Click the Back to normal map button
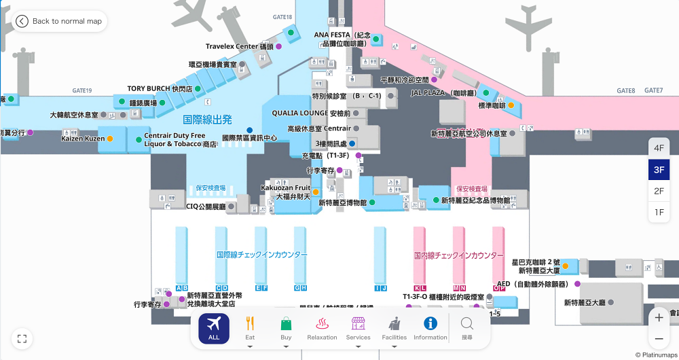60,21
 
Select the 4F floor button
659,148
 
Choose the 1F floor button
659,213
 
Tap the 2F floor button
659,191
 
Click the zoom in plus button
659,317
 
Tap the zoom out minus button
659,338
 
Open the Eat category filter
250,328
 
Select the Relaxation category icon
322,328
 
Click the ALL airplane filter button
214,328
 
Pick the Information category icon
430,328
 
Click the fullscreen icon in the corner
22,338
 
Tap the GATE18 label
283,17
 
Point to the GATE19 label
81,90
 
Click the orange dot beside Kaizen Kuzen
110,139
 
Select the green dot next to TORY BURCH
198,89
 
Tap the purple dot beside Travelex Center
278,46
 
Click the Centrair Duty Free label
175,136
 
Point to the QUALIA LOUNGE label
311,113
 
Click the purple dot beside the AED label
577,284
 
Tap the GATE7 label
653,90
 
